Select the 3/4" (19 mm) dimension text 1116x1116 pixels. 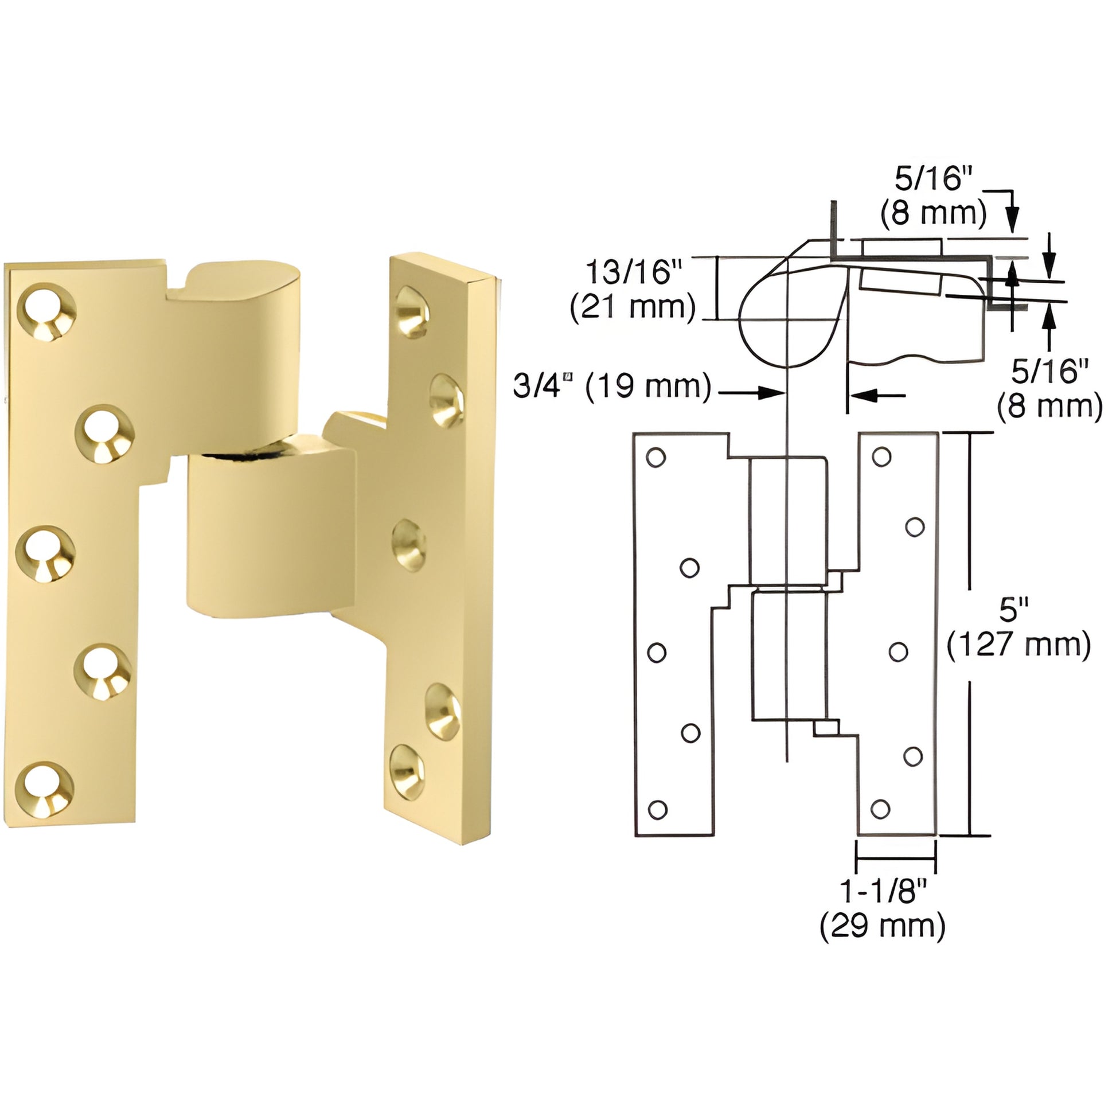[x=612, y=385]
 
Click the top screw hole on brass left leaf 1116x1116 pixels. [x=48, y=311]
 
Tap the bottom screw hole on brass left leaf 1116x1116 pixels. [x=45, y=789]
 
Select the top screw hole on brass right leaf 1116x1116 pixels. [x=412, y=313]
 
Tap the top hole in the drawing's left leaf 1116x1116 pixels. [x=655, y=458]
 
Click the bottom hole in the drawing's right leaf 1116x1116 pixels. [x=880, y=809]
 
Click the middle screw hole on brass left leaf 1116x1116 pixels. [x=45, y=553]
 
